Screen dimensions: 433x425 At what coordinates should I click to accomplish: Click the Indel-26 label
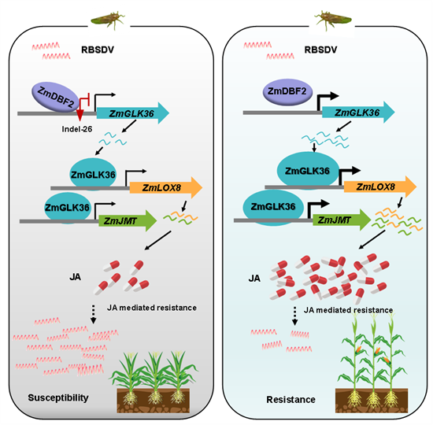pyautogui.click(x=77, y=129)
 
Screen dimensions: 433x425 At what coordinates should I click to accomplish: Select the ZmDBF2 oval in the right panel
pyautogui.click(x=287, y=91)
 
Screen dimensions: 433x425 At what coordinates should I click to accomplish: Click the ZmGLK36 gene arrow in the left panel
pyautogui.click(x=133, y=113)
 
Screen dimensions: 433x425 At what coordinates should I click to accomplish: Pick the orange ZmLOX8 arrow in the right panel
pyautogui.click(x=380, y=187)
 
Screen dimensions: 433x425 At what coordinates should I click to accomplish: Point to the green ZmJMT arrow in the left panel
pyautogui.click(x=128, y=220)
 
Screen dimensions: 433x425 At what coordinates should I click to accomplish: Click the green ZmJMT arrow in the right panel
pyautogui.click(x=342, y=220)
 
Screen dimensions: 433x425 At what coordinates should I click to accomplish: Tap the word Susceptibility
pyautogui.click(x=58, y=397)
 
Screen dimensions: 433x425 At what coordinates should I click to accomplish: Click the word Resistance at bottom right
pyautogui.click(x=291, y=399)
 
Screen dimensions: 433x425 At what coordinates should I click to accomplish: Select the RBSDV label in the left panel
pyautogui.click(x=98, y=50)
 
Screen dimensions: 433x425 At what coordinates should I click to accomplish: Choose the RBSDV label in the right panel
pyautogui.click(x=320, y=50)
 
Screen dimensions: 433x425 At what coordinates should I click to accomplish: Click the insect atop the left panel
pyautogui.click(x=109, y=20)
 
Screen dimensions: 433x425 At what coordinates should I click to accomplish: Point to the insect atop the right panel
pyautogui.click(x=334, y=20)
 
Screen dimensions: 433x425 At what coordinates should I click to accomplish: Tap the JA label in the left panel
pyautogui.click(x=75, y=277)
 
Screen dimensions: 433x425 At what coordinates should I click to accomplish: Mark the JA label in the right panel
pyautogui.click(x=254, y=279)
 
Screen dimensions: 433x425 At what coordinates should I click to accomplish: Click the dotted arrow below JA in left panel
pyautogui.click(x=94, y=314)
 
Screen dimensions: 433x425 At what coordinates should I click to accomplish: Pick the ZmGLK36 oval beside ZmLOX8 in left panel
pyautogui.click(x=93, y=175)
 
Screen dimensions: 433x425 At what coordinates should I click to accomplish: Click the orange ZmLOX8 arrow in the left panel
pyautogui.click(x=166, y=188)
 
